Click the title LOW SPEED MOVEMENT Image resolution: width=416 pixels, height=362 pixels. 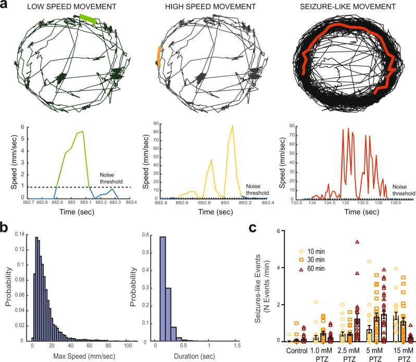71,7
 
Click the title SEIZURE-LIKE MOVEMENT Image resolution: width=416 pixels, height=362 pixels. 348,7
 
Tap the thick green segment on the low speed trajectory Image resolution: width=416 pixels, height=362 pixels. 88,19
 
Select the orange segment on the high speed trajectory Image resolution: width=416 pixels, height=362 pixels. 159,56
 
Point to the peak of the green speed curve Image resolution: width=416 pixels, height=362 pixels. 83,131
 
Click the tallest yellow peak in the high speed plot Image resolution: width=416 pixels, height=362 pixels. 233,126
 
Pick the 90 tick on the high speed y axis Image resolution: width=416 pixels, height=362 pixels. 155,123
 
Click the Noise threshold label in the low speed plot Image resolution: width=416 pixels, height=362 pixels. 111,178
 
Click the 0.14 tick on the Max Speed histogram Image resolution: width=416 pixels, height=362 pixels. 20,234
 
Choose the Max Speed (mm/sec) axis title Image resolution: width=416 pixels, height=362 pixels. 84,356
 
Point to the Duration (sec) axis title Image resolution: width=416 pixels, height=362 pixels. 194,356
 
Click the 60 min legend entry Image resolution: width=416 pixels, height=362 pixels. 312,268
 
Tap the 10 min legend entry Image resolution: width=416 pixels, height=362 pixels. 312,251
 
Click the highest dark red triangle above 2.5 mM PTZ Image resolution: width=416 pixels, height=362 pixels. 357,242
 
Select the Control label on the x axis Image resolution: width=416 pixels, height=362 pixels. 297,351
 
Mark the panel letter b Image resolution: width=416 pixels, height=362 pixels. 6,228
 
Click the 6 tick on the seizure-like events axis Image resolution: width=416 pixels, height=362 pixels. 278,231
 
